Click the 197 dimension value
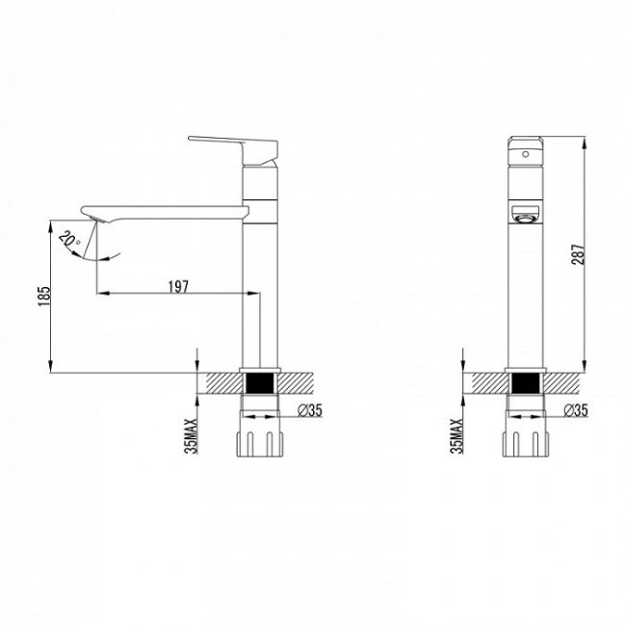(177, 286)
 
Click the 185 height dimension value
(44, 296)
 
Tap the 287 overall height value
(577, 254)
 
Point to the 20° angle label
(69, 239)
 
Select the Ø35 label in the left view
(310, 410)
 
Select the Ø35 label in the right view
(576, 410)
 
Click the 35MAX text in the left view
(192, 435)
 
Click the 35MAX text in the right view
(456, 435)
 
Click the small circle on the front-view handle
(526, 154)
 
